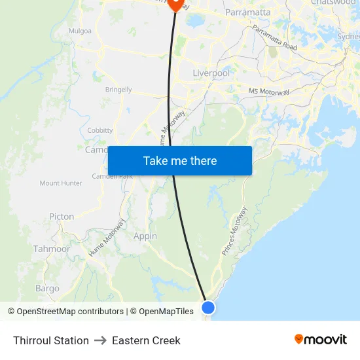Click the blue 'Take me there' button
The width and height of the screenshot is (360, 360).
tap(180, 160)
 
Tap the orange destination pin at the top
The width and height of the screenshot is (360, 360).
tap(175, 4)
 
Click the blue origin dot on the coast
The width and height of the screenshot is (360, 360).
tap(208, 307)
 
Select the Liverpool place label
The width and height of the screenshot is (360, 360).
tap(211, 73)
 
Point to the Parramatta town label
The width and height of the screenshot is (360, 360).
tap(247, 12)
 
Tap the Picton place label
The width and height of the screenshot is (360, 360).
tap(62, 217)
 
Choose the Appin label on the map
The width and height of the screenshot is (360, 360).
tap(145, 236)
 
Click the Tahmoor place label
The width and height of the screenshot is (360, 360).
tap(52, 249)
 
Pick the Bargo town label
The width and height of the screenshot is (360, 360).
tap(47, 289)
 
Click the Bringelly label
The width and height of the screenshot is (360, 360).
tap(118, 90)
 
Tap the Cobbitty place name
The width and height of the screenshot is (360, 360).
tap(100, 131)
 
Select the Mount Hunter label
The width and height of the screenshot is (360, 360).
tap(61, 183)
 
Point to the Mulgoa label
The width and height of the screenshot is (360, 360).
tap(80, 31)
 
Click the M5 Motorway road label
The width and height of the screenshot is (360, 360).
tap(268, 92)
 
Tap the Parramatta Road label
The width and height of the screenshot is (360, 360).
tap(275, 39)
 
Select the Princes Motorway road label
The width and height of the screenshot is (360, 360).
tap(234, 231)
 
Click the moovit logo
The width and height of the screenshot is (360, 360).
tap(320, 340)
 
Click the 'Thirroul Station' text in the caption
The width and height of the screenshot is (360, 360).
tap(51, 340)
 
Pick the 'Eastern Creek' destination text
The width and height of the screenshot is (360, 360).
tap(146, 340)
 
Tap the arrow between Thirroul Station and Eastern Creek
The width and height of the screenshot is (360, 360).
tap(100, 340)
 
